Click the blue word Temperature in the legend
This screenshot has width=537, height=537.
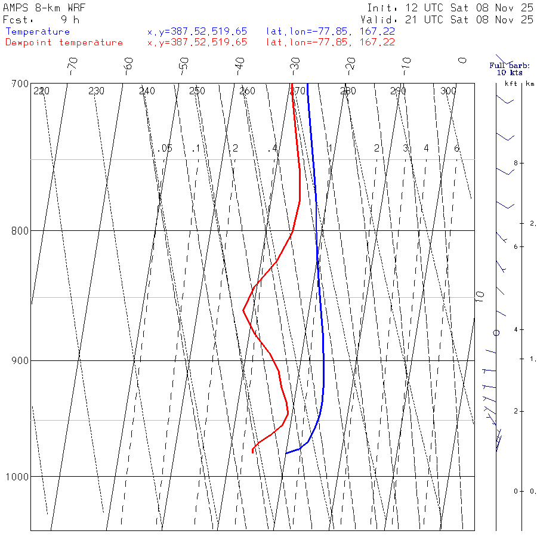coord(38,32)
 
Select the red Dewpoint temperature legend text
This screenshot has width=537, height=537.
coord(64,42)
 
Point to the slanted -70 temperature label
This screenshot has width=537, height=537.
coord(73,64)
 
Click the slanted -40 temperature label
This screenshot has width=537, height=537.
coord(240,64)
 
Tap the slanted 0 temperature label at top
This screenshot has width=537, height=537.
coord(462,60)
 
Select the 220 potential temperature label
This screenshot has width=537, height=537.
coord(42,91)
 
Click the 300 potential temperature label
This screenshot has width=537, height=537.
coord(448,91)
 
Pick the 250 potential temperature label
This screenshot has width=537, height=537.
coord(197,91)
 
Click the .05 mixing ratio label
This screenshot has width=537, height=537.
coord(166,148)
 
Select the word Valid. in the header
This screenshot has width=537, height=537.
coord(385,20)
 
